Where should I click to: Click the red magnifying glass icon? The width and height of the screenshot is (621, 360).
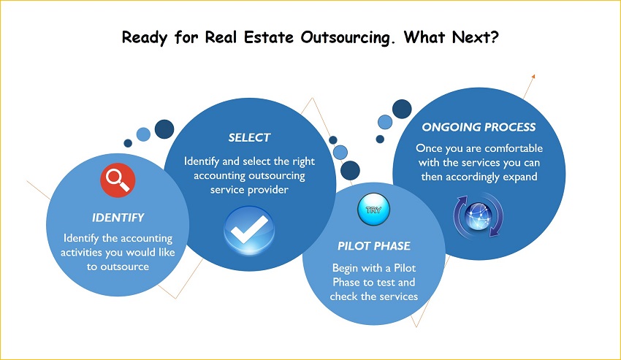tap(118, 180)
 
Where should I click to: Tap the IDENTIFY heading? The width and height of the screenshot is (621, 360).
tap(118, 218)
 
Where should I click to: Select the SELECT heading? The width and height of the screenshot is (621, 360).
tap(249, 138)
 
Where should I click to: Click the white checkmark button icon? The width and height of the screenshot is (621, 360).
tap(249, 230)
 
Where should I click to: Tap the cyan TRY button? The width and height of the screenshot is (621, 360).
tap(373, 210)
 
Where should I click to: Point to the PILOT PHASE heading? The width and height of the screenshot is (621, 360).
tap(374, 246)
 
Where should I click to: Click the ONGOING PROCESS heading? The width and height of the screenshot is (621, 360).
tap(479, 127)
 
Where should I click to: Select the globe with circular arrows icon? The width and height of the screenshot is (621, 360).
tap(479, 216)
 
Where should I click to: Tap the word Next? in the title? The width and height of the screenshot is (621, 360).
tap(476, 37)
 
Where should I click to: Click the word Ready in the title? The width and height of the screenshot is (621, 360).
tap(145, 38)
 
